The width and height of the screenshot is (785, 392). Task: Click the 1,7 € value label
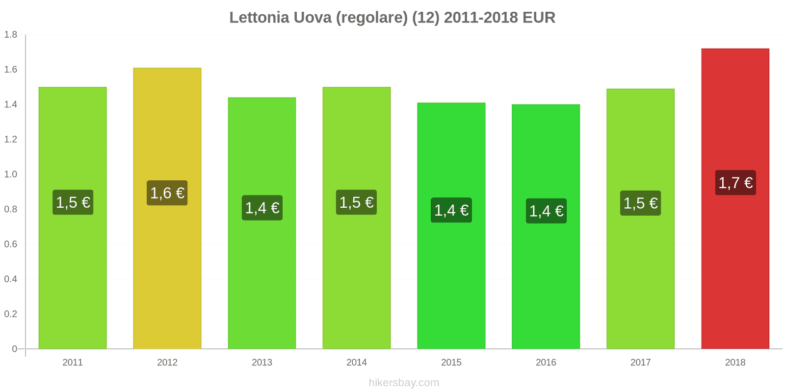point(735,183)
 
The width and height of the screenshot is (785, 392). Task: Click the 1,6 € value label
point(167,193)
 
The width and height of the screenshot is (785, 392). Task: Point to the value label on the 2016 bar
point(546,211)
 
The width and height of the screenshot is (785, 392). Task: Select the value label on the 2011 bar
point(73,202)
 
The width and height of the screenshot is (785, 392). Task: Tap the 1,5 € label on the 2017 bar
point(640,203)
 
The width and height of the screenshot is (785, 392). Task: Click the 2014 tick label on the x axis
point(356,363)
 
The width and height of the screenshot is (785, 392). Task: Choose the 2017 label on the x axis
point(640,363)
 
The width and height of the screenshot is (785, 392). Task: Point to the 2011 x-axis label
point(73,363)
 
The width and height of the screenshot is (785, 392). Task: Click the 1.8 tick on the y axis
point(11,35)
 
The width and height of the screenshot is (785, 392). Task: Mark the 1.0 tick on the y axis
point(11,174)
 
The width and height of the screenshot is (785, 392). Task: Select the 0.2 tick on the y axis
point(11,314)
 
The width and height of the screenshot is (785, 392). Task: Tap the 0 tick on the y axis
point(14,349)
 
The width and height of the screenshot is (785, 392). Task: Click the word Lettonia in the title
point(259,18)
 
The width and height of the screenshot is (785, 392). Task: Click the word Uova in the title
point(312,18)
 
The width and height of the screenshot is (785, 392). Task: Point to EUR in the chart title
point(539,18)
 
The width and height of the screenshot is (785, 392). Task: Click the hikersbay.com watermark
point(404,383)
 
